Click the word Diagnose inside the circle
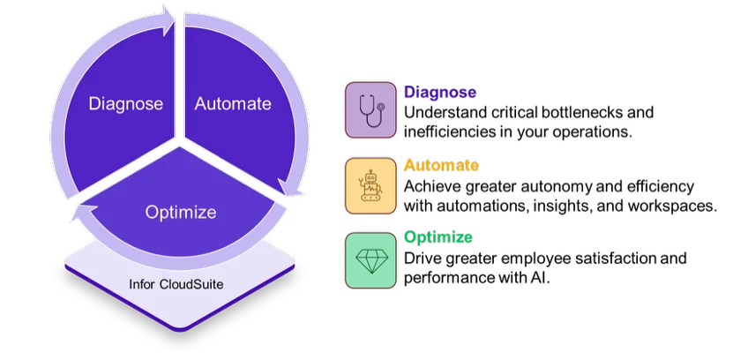pyautogui.click(x=126, y=104)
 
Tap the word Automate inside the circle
pyautogui.click(x=233, y=104)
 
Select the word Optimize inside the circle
pyautogui.click(x=180, y=213)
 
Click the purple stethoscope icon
pyautogui.click(x=370, y=111)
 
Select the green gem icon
pyautogui.click(x=370, y=261)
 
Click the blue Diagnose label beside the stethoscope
pyautogui.click(x=440, y=92)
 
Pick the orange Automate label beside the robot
pyautogui.click(x=440, y=165)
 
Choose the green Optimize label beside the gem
pyautogui.click(x=438, y=237)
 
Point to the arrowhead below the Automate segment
pyautogui.click(x=292, y=188)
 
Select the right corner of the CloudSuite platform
pyautogui.click(x=295, y=265)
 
